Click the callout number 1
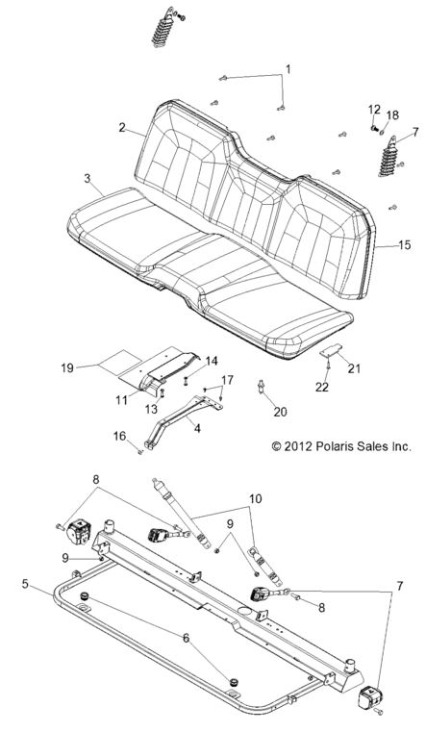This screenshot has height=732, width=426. click(286, 70)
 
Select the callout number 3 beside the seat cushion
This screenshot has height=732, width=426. click(88, 179)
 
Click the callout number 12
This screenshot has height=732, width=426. click(374, 110)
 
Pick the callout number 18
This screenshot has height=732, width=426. click(392, 115)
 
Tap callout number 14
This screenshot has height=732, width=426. click(211, 360)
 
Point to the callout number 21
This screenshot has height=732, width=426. click(354, 367)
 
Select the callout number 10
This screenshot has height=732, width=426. click(254, 499)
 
